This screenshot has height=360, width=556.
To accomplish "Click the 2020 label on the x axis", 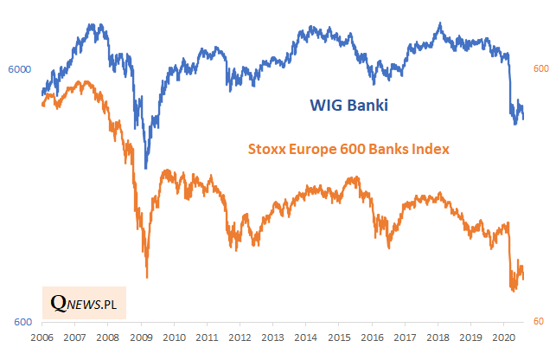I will pyautogui.click(x=504, y=337).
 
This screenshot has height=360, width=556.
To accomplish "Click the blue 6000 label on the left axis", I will pyautogui.click(x=19, y=69).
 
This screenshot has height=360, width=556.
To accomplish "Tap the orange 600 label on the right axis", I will pyautogui.click(x=540, y=69).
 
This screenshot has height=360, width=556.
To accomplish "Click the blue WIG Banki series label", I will pyautogui.click(x=348, y=106).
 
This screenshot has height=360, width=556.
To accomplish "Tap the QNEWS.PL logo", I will pyautogui.click(x=84, y=303).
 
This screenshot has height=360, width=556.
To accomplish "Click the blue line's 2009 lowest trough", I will pyautogui.click(x=146, y=168).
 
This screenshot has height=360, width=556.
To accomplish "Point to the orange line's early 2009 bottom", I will pyautogui.click(x=147, y=277).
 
